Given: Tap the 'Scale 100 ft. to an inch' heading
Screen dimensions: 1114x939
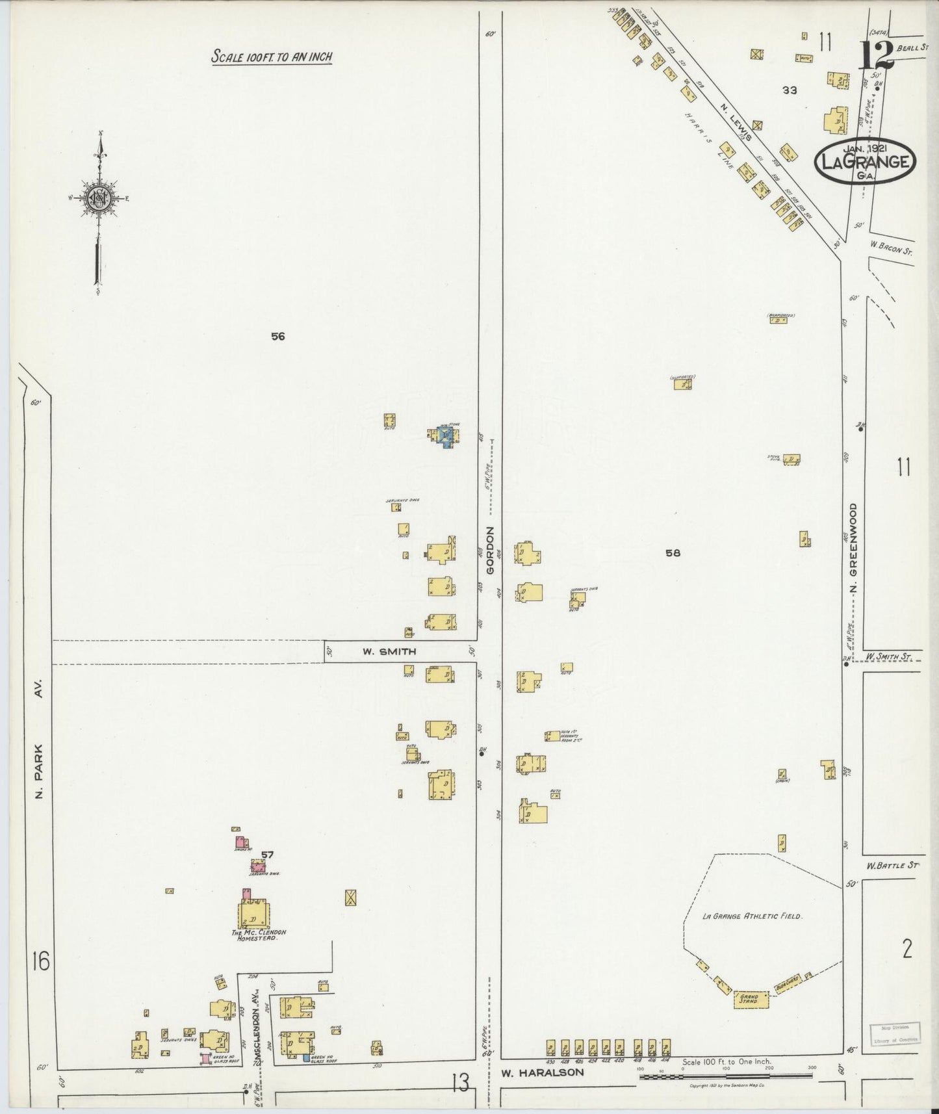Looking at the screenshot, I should coord(271,57).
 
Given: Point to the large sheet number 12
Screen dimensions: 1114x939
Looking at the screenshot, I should coord(877,54).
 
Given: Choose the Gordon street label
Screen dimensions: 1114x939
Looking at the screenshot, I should coord(491,549).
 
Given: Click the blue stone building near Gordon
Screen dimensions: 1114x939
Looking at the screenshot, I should coord(445,436).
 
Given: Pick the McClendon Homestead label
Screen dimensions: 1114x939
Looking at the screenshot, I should coord(259,936).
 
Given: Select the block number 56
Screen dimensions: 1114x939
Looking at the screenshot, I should coord(278,337).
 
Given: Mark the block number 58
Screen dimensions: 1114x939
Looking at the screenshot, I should coord(673,553).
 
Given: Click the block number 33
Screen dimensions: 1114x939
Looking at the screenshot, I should coord(790,90).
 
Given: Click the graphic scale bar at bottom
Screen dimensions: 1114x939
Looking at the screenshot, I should coord(725,1076).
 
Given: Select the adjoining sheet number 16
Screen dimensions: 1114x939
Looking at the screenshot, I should coord(40,961).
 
